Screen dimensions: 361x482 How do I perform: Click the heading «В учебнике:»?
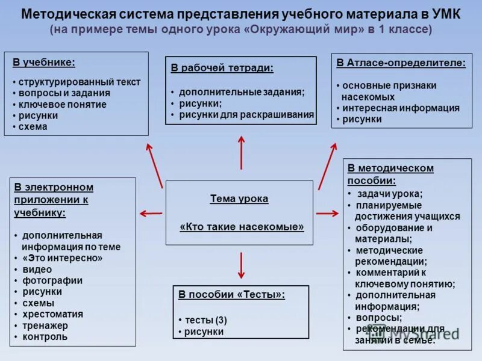click(x=43, y=61)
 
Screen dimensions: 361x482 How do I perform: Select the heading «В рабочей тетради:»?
click(x=222, y=68)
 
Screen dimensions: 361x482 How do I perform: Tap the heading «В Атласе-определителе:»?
click(x=401, y=63)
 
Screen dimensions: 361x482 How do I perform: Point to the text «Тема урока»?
click(x=239, y=199)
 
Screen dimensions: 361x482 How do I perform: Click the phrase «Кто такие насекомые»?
click(x=242, y=227)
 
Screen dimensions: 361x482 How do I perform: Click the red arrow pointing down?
click(x=242, y=265)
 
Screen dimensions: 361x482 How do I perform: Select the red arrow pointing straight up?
click(x=242, y=152)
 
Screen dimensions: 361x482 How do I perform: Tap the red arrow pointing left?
click(x=151, y=213)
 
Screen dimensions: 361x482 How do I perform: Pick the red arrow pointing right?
click(x=328, y=213)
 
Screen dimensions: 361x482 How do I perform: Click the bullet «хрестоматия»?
click(x=53, y=314)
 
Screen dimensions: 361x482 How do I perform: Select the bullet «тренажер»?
click(x=45, y=326)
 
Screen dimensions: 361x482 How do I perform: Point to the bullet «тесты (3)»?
click(x=205, y=320)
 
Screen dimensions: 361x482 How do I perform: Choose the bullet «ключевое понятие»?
click(x=62, y=105)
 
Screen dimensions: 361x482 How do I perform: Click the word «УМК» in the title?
click(x=444, y=14)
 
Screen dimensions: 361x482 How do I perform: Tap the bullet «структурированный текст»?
click(x=79, y=82)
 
